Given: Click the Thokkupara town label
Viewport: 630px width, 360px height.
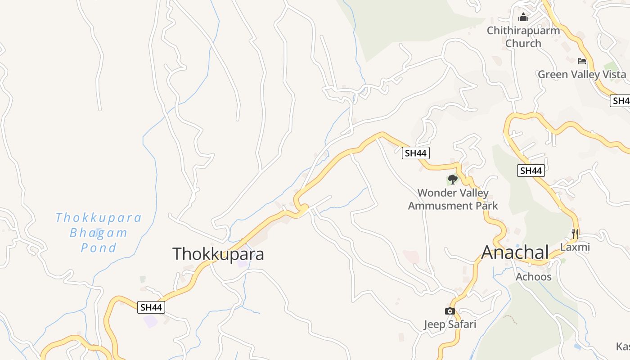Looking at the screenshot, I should coord(218,254).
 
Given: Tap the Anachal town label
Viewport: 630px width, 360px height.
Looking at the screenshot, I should coord(515,252).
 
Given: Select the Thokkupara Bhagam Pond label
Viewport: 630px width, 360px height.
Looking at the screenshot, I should coord(99,233).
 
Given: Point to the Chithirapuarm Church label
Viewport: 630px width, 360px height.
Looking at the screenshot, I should coord(523,37).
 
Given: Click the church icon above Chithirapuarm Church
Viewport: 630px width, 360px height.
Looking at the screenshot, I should coord(523,18).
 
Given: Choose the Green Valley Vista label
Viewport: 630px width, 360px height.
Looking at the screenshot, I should coord(582,74).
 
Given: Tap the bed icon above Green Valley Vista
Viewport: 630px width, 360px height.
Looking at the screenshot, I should coord(582,61).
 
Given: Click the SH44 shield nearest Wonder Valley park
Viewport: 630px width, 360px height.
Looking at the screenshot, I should coord(415,153).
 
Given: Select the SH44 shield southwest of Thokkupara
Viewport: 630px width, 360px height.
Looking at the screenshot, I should coord(152,307).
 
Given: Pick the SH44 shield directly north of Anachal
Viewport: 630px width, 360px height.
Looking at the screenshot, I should coord(531,171).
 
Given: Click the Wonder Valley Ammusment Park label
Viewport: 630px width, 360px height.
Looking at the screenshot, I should coord(453,199).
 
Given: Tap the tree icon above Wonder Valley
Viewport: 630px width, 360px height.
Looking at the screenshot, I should coord(453,180).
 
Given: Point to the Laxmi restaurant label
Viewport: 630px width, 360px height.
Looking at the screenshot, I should coord(575,247).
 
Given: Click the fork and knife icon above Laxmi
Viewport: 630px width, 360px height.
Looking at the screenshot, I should coord(575,234).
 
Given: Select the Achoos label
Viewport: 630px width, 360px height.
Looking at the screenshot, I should coord(533,277).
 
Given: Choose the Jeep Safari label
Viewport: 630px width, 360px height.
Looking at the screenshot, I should coord(450,324).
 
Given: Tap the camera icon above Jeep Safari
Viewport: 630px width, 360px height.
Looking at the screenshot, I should coord(450,311).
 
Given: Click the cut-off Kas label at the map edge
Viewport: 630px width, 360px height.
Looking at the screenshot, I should coord(623,346).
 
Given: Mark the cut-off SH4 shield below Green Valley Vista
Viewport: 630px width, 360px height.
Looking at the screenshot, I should coord(621,101).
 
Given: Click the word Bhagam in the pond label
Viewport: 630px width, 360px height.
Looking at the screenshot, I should coord(99,233).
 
